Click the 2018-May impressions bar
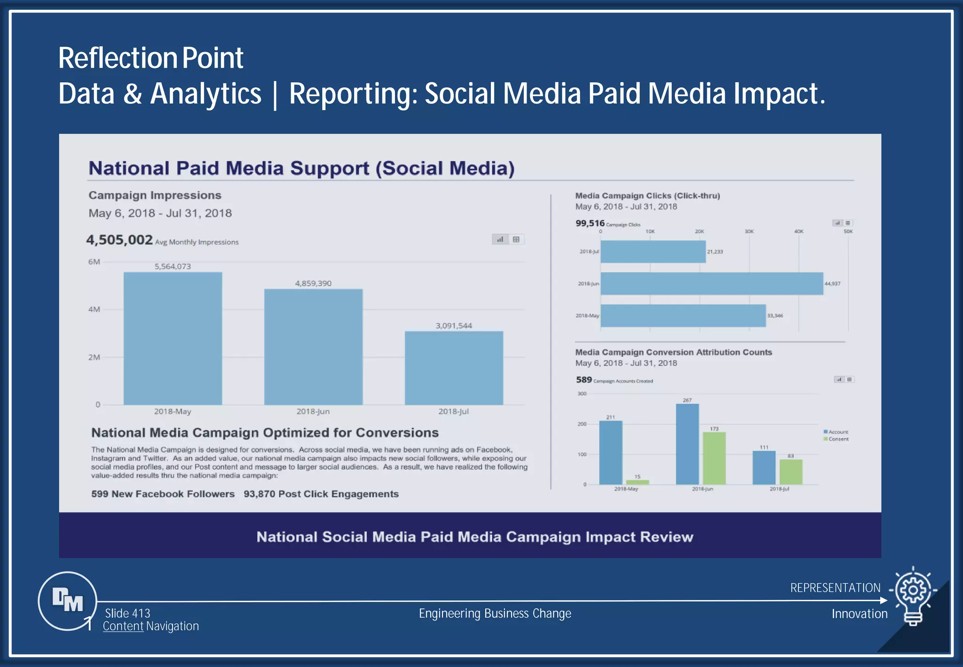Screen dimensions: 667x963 pos(173,338)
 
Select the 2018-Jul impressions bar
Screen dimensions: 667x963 pos(454,368)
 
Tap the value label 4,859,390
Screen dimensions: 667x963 pos(313,283)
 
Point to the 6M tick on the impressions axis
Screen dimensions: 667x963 pos(94,262)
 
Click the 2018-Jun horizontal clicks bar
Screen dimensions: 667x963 pos(711,284)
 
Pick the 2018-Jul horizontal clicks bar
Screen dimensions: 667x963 pos(653,252)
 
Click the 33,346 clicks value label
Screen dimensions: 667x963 pos(775,316)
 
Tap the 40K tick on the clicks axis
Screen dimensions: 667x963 pos(798,231)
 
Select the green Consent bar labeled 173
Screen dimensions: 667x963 pos(714,458)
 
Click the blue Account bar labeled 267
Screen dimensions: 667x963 pos(687,444)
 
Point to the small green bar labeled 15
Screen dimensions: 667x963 pos(637,482)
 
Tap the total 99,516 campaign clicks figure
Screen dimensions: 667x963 pos(590,223)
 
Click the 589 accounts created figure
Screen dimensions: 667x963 pos(584,380)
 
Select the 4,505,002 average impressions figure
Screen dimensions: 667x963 pos(119,240)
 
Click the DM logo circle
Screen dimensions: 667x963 pos(67,601)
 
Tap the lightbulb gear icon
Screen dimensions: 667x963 pos(913,594)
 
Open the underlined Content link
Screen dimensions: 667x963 pos(123,626)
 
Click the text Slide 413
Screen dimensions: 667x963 pos(127,613)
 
